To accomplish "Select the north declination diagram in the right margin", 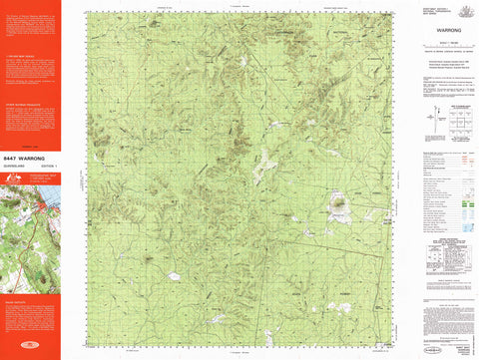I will coord(422,124).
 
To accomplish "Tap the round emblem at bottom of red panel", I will coord(30,352).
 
